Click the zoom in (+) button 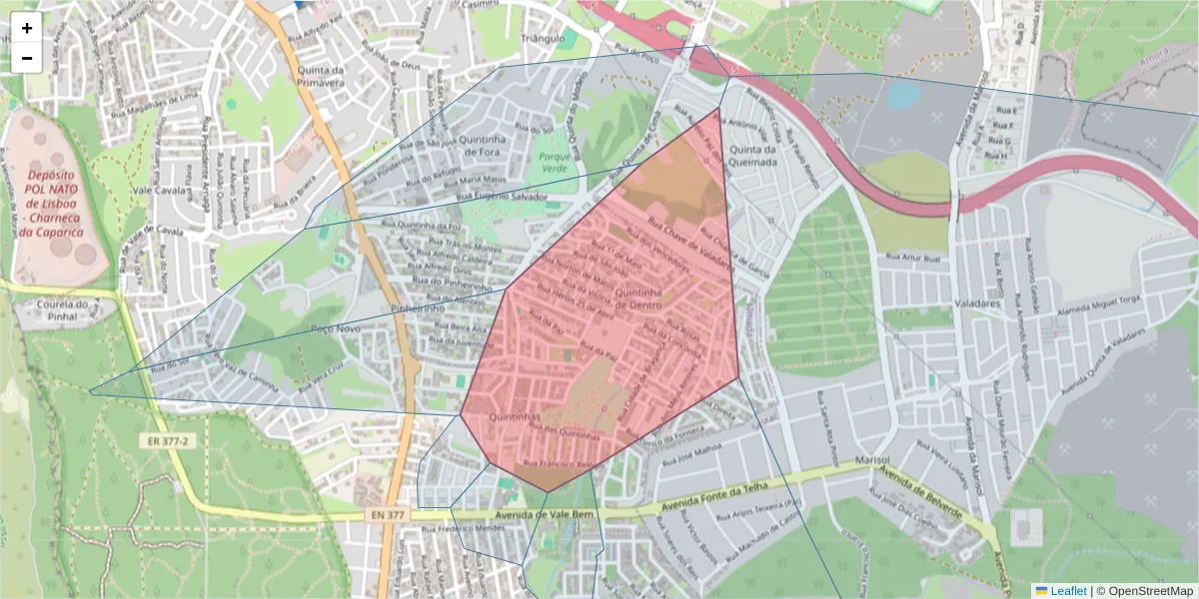point(27,28)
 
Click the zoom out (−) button point(27,58)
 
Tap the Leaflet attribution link point(1067,591)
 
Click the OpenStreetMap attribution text point(1149,591)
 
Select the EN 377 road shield point(387,514)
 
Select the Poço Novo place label point(335,328)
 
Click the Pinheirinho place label point(418,309)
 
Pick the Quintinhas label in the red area point(516,416)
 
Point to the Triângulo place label point(543,39)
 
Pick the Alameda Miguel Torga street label point(1099,312)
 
